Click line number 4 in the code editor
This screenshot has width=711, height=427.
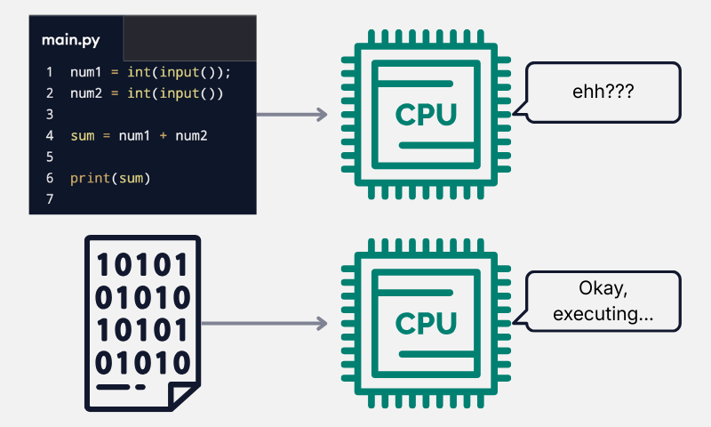click(x=50, y=136)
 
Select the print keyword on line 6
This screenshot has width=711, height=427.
click(x=89, y=179)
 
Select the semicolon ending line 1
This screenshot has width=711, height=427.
click(x=228, y=72)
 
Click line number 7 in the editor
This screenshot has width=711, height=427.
click(x=50, y=200)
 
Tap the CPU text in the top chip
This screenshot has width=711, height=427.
click(x=426, y=115)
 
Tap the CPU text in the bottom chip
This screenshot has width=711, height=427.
click(x=426, y=324)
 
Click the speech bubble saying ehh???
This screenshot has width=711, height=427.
click(x=603, y=91)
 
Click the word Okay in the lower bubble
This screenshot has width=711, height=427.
click(x=603, y=289)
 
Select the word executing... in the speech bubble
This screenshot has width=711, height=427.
click(x=603, y=314)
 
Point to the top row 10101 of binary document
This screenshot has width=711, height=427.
click(x=143, y=265)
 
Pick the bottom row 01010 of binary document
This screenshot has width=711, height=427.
click(x=143, y=362)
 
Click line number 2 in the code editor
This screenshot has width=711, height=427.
click(x=50, y=93)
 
